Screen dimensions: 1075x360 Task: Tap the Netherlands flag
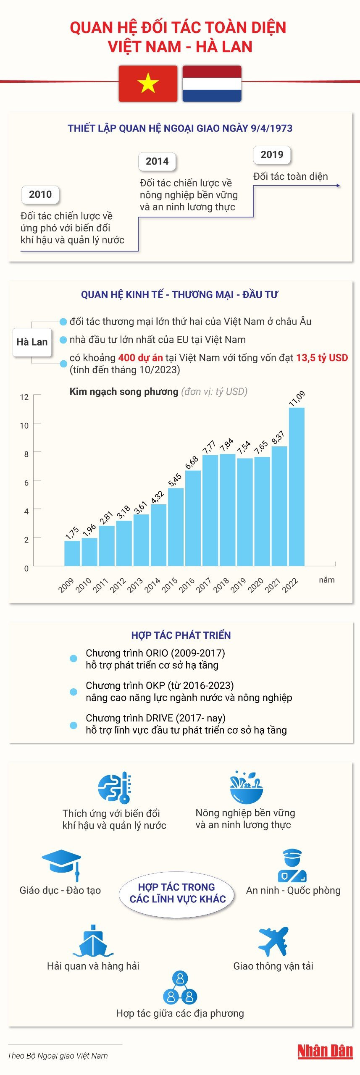(x=212, y=84)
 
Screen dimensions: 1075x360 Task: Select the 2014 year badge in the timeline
(x=157, y=161)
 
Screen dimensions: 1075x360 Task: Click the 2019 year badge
(x=272, y=155)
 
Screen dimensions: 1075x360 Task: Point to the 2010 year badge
(x=40, y=194)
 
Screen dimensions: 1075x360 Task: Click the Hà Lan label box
(x=32, y=342)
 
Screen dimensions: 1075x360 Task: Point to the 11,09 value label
(x=297, y=398)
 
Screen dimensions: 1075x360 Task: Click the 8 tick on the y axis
(x=26, y=454)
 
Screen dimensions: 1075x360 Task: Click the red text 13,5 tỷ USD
(x=322, y=358)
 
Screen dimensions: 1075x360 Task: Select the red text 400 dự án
(x=140, y=358)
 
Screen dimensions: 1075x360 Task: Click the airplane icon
(x=273, y=941)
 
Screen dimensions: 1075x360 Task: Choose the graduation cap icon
(x=62, y=863)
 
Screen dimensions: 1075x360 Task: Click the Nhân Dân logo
(x=325, y=1051)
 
